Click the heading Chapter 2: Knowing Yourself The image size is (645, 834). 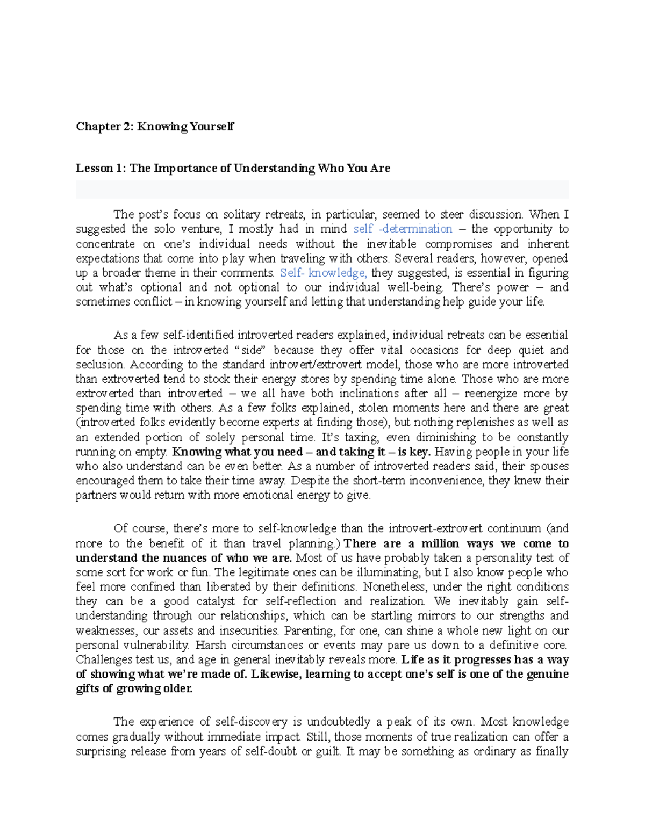155,127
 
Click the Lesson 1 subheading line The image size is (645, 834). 233,169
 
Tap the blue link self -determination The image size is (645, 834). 403,229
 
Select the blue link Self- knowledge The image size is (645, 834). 323,273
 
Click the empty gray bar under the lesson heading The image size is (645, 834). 322,190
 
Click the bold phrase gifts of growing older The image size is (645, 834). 134,688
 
